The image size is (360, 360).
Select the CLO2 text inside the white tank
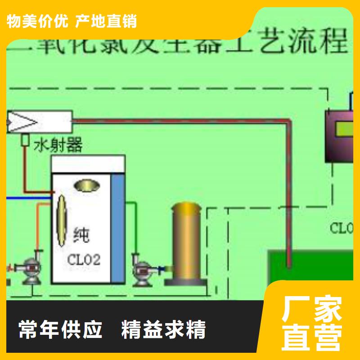pyautogui.click(x=84, y=260)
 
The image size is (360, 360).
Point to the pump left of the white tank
pyautogui.click(x=31, y=269)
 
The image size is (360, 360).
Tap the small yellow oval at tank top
pyautogui.click(x=87, y=184)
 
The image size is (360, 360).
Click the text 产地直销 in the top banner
pyautogui.click(x=107, y=21)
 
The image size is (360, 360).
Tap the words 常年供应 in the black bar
pyautogui.click(x=61, y=330)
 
